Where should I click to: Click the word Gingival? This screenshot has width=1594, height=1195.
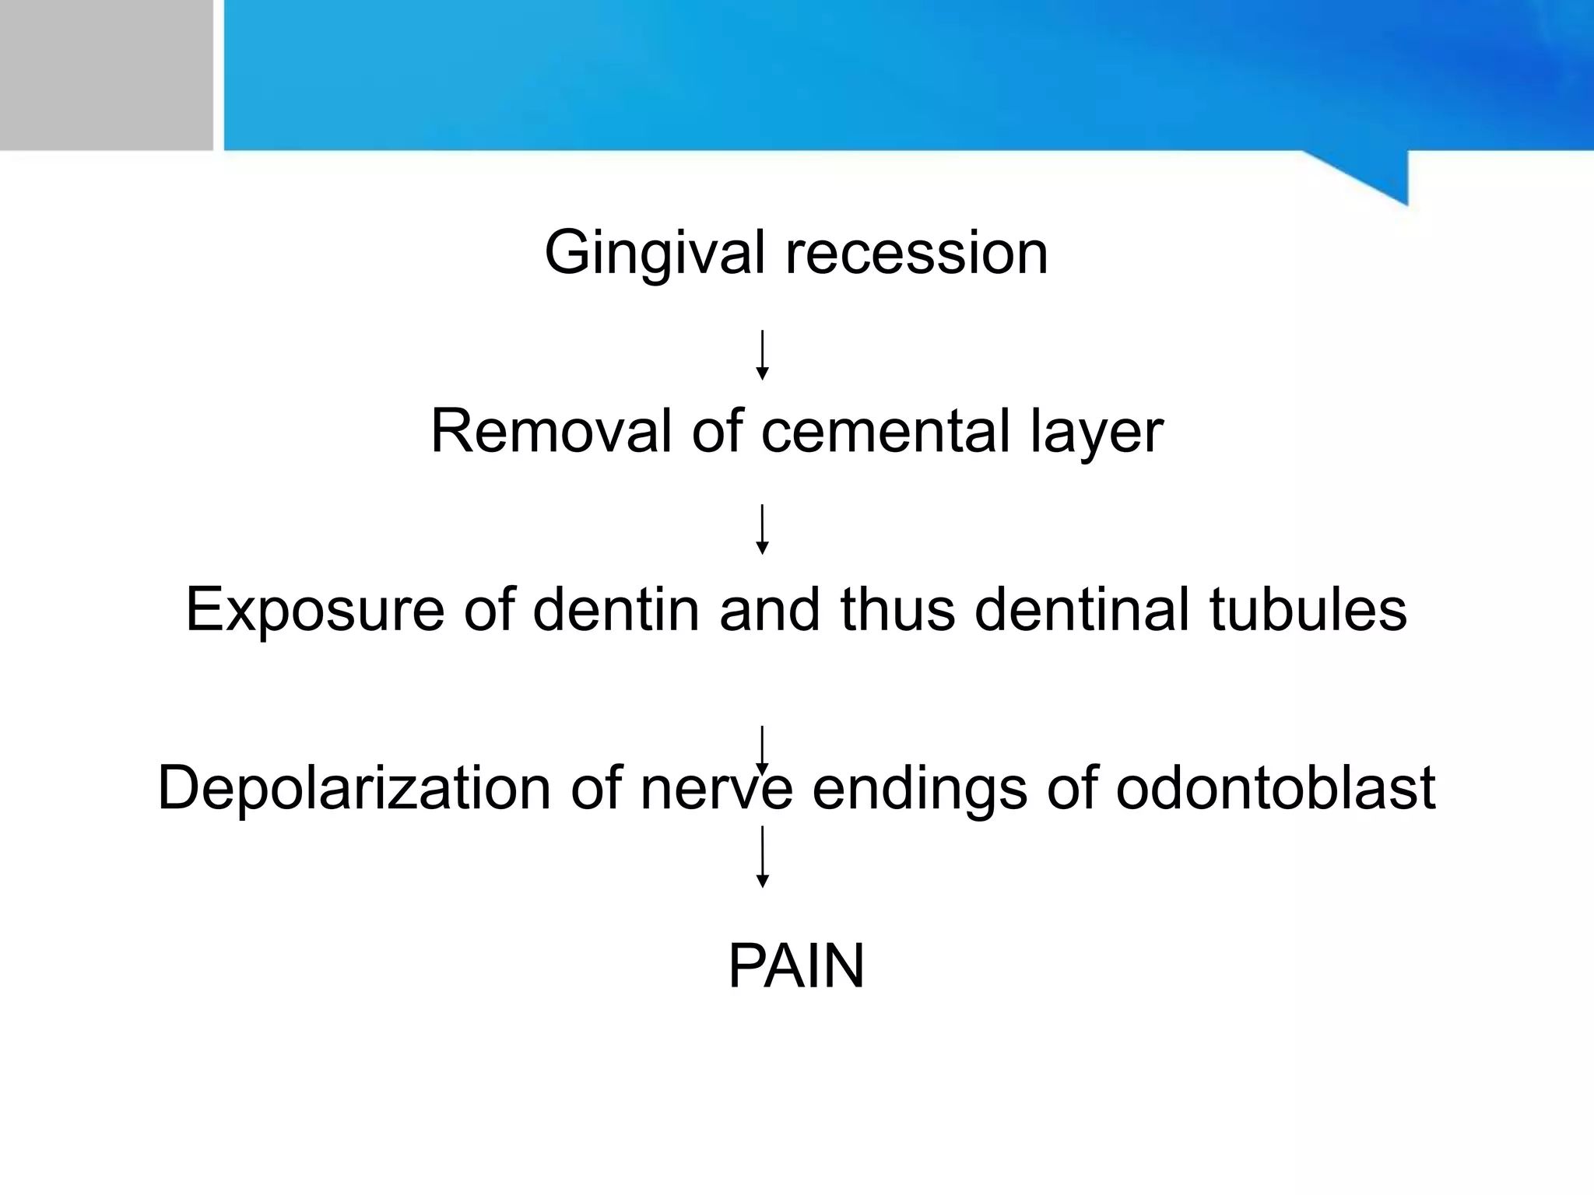coord(655,253)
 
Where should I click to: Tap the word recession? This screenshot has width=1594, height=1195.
coord(916,253)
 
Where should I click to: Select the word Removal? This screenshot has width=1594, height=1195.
coord(550,431)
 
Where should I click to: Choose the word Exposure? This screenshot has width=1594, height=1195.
coord(314,609)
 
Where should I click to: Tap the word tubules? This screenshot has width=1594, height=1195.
coord(1308,609)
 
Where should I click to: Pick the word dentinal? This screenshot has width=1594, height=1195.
coord(1082,609)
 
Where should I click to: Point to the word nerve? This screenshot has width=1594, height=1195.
coord(717,788)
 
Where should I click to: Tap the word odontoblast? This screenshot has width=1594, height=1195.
coord(1275,788)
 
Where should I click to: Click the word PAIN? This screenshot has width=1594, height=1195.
coord(796,966)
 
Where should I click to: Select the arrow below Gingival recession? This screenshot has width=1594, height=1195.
coord(763,355)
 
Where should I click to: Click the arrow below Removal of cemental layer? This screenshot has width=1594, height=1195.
coord(763,529)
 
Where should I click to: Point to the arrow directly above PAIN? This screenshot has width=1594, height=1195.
coord(763,857)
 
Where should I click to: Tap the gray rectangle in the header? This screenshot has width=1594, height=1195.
coord(106,75)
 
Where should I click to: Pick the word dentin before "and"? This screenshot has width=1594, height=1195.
coord(616,609)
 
